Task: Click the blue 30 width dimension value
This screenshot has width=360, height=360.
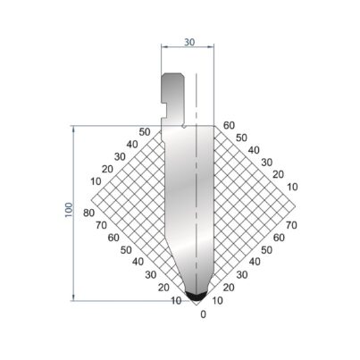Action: (189, 42)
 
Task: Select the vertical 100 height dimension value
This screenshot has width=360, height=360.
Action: (69, 210)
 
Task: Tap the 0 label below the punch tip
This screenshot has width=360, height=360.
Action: (203, 314)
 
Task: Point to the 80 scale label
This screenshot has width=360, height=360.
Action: (89, 213)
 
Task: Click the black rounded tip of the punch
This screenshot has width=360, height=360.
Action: (196, 296)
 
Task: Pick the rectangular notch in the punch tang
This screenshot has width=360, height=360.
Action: (163, 111)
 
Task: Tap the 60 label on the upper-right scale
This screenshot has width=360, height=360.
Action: (229, 125)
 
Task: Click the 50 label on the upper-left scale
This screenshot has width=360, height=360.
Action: (145, 131)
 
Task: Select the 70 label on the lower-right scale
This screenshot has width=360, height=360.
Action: (291, 225)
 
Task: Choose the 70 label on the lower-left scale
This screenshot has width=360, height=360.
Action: (101, 225)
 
